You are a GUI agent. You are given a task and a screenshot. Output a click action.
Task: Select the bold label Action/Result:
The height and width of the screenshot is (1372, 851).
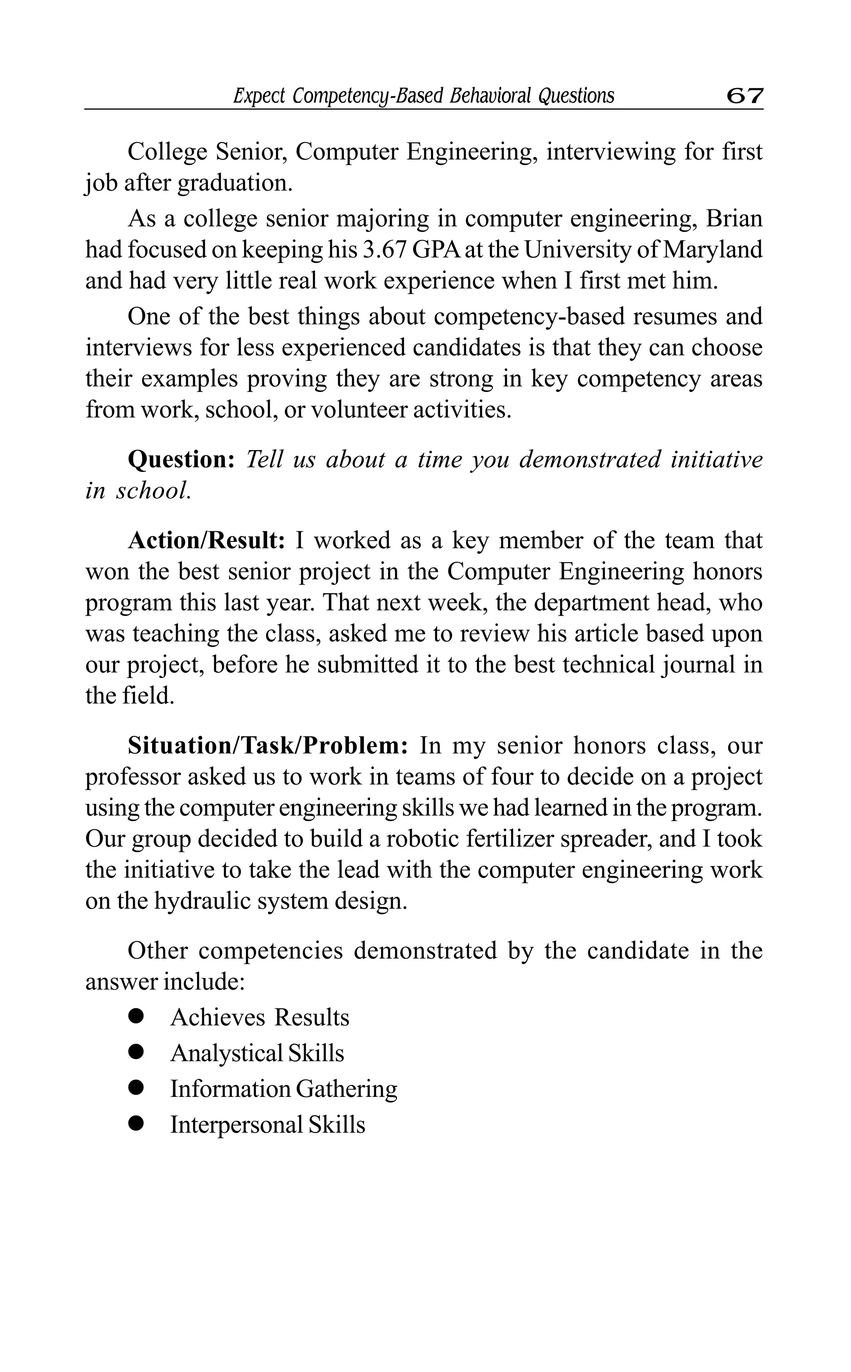(x=207, y=541)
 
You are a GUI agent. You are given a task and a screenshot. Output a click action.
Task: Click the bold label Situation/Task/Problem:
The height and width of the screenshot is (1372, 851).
(x=267, y=746)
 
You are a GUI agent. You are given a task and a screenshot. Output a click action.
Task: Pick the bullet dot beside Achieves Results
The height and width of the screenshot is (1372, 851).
(x=136, y=1016)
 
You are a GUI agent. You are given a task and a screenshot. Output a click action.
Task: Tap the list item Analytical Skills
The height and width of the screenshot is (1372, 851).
(x=257, y=1053)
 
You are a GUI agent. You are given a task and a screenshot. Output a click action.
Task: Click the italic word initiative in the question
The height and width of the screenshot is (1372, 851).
(x=716, y=460)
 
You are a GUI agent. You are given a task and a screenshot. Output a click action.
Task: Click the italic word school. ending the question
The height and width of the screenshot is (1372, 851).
(x=153, y=491)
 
